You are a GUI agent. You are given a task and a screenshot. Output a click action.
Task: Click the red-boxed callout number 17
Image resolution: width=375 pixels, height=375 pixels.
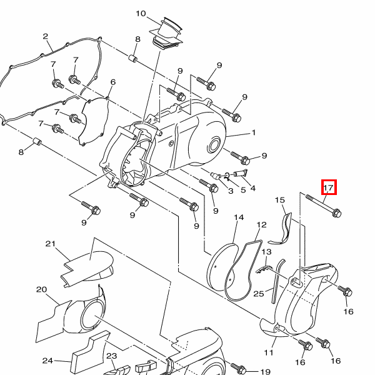(x=329, y=187)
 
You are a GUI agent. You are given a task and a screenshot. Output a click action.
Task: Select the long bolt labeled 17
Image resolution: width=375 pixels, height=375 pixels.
(x=323, y=206)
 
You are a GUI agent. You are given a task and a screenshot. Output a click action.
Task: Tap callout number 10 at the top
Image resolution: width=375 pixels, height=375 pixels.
(x=141, y=14)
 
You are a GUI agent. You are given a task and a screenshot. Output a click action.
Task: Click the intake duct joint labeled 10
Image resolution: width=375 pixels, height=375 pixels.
(x=167, y=34)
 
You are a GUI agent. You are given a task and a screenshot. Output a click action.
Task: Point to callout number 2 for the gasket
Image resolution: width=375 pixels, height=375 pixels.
(x=46, y=36)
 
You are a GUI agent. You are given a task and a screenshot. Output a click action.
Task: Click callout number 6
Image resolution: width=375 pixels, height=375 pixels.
(x=113, y=82)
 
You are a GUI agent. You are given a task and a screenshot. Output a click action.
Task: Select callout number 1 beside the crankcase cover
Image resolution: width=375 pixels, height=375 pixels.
(x=254, y=132)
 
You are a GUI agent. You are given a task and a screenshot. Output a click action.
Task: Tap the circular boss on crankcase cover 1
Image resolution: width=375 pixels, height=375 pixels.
(x=214, y=146)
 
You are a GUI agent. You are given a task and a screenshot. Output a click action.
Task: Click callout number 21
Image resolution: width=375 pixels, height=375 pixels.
(x=50, y=244)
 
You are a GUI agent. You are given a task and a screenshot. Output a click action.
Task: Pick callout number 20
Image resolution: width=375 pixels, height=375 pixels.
(x=41, y=289)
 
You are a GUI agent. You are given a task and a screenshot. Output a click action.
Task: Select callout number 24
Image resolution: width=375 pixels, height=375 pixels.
(x=47, y=361)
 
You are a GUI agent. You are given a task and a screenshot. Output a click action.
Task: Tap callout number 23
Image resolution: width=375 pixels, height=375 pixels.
(x=111, y=356)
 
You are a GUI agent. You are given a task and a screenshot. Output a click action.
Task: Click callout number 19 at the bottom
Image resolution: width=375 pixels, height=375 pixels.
(x=265, y=371)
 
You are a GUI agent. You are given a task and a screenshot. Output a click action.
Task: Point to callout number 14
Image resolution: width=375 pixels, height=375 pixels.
(x=239, y=217)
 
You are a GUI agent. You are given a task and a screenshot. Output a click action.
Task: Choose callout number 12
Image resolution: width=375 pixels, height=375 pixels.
(x=261, y=225)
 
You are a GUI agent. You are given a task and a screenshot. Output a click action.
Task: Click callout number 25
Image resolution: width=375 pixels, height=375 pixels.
(x=259, y=294)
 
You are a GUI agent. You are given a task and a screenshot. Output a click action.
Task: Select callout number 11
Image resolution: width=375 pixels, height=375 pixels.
(x=269, y=352)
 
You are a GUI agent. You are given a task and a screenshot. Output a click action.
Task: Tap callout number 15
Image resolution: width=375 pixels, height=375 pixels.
(x=280, y=200)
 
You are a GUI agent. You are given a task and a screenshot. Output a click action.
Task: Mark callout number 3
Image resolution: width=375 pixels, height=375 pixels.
(x=231, y=191)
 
